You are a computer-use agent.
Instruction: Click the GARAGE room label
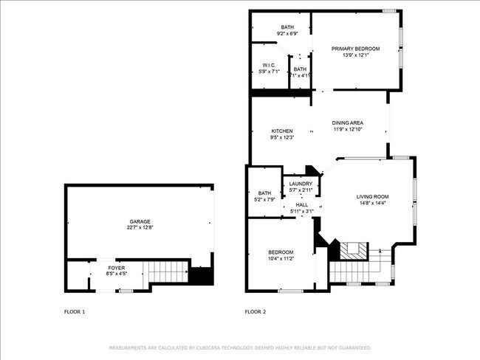coord(140,221)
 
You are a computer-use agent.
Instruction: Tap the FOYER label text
coord(117,268)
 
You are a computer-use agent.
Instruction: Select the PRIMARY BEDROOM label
coord(355,49)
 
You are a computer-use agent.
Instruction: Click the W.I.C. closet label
coord(269,66)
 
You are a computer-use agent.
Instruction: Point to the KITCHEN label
coord(282,131)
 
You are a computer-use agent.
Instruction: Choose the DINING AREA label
coord(347,123)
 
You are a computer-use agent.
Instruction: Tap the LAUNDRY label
coord(301,184)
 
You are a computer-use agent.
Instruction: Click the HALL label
coord(301,205)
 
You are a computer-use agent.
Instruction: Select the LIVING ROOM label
coord(372,196)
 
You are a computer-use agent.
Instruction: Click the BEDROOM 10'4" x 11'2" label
coord(281,252)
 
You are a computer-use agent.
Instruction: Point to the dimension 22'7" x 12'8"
coord(140,228)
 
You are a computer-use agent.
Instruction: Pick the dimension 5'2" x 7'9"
coord(264,199)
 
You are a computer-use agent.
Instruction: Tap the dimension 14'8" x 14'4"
coord(372,203)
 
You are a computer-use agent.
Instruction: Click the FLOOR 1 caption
coord(75,312)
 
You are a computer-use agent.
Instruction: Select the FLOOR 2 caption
coord(255,312)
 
